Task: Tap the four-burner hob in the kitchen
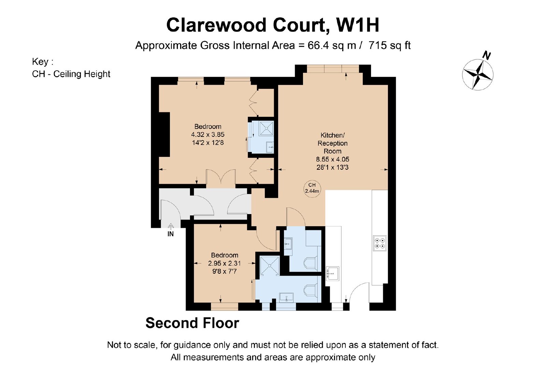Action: coord(380,243)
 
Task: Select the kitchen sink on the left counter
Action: coord(332,274)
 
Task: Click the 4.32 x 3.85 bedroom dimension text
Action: coord(208,135)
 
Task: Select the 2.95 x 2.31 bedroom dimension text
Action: coord(225,263)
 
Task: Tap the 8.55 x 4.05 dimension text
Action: coord(332,159)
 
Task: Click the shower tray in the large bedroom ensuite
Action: coord(267,128)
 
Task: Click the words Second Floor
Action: coord(192,323)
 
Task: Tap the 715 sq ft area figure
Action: coord(389,45)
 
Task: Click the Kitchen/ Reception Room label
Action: coord(332,143)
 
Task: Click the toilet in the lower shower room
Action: coord(311,291)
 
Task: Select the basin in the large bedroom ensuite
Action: coord(270,147)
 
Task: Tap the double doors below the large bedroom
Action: coord(221,177)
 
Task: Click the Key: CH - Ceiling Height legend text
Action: coord(71,68)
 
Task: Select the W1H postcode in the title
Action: coord(358,25)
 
